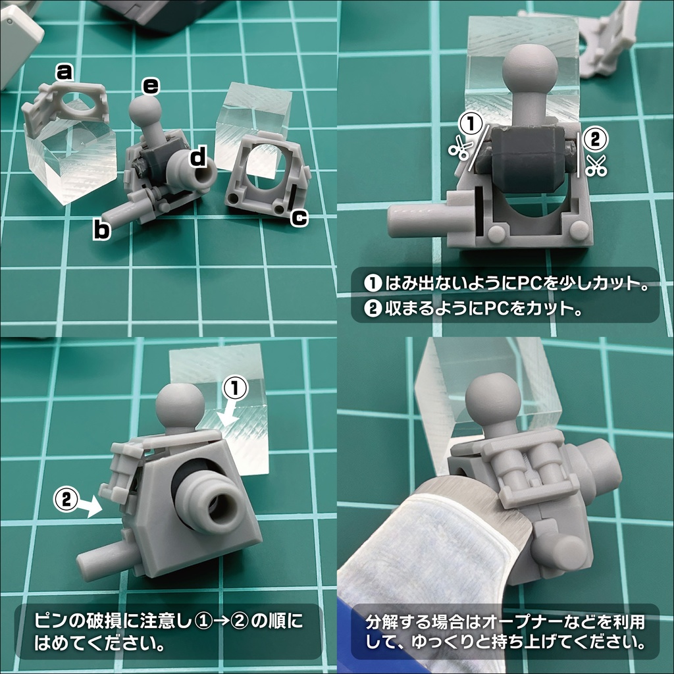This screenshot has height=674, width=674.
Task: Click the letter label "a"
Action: click(x=64, y=72)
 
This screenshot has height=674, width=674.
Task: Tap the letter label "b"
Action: click(x=101, y=230)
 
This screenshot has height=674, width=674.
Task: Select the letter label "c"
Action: click(x=299, y=218)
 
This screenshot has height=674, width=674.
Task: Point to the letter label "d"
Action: click(x=197, y=157)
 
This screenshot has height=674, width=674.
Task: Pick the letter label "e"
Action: click(x=151, y=85)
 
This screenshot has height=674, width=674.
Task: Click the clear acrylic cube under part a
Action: click(x=71, y=161)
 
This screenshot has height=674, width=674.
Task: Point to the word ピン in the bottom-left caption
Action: click(x=49, y=621)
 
